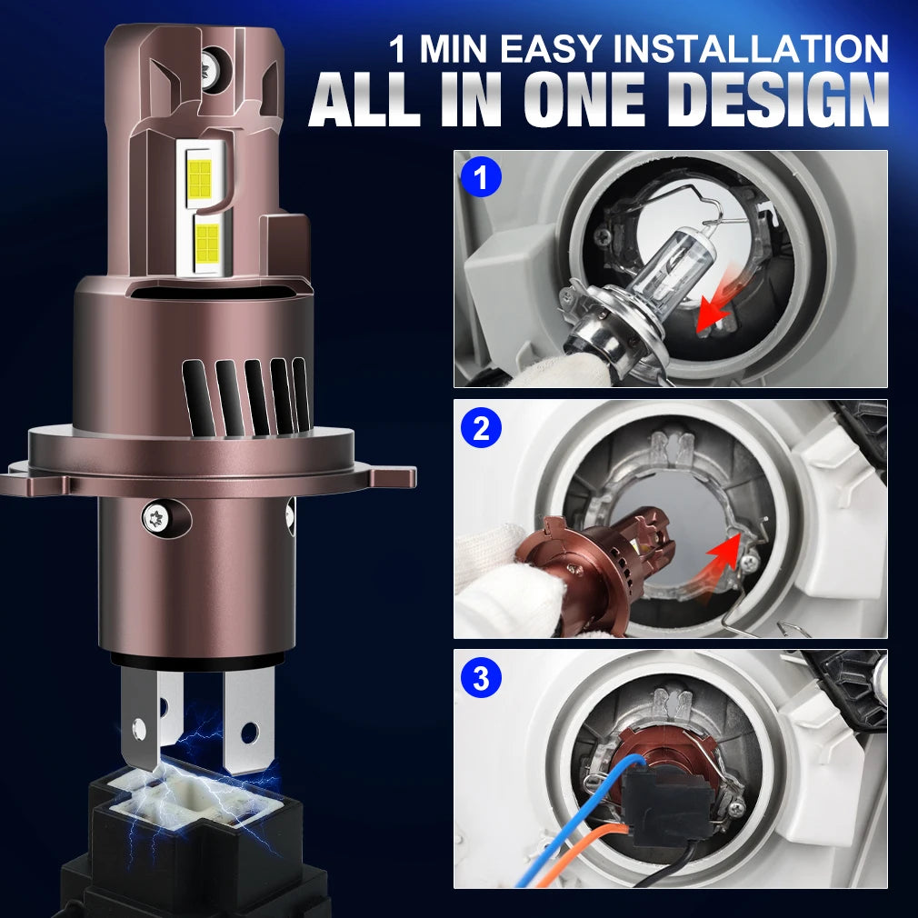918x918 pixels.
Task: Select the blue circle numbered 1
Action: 481,178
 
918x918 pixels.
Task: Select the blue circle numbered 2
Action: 481,429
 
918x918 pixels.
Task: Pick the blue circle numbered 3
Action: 481,679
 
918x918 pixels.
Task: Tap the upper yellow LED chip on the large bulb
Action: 200,177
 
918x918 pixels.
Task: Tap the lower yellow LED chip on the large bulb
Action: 207,243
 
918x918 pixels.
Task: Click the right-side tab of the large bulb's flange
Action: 393,475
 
